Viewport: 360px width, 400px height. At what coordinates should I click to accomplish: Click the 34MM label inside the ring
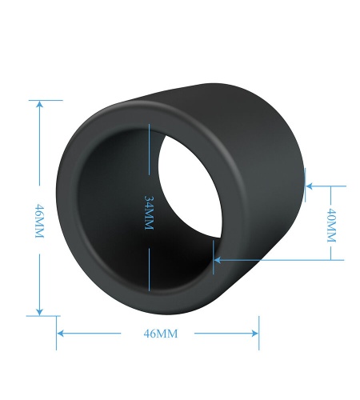[x=149, y=213]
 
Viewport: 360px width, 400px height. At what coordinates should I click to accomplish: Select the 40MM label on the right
[x=331, y=226]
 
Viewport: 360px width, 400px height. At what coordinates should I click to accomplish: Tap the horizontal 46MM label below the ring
[x=160, y=334]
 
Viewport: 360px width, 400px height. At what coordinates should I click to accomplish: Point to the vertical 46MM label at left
[x=39, y=221]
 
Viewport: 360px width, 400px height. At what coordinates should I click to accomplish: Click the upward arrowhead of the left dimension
[x=39, y=104]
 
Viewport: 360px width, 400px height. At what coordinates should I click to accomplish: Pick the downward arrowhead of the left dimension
[x=39, y=311]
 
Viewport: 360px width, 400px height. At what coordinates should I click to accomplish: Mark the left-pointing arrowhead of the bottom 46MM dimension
[x=61, y=334]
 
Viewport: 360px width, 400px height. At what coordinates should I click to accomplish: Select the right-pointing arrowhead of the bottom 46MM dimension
[x=254, y=334]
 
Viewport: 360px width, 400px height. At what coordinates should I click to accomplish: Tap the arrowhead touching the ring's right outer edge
[x=310, y=186]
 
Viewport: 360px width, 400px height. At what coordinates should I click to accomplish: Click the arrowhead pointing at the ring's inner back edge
[x=218, y=260]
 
